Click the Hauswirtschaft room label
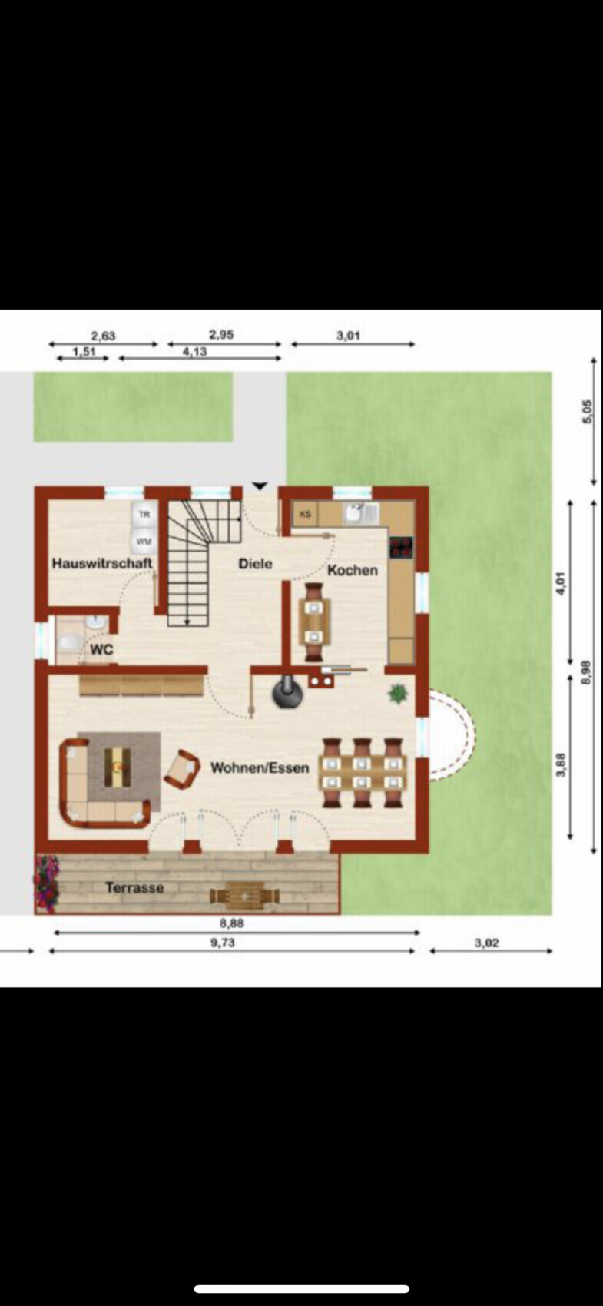pos(102,563)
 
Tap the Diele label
pos(256,564)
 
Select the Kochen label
pos(353,570)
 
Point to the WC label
pos(101,649)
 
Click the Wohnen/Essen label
pos(260,767)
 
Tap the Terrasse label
pos(134,887)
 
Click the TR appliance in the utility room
pos(144,515)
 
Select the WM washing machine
pos(144,541)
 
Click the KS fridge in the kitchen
pos(305,514)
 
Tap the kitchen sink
pos(362,514)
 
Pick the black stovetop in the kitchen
pos(401,548)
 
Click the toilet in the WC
pos(70,643)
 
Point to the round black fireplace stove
pos(287,693)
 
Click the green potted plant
pos(399,693)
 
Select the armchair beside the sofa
pos(182,769)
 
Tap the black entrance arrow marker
pos(260,486)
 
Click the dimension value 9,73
pos(222,943)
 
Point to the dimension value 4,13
pos(194,352)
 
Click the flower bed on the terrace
pos(46,883)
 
